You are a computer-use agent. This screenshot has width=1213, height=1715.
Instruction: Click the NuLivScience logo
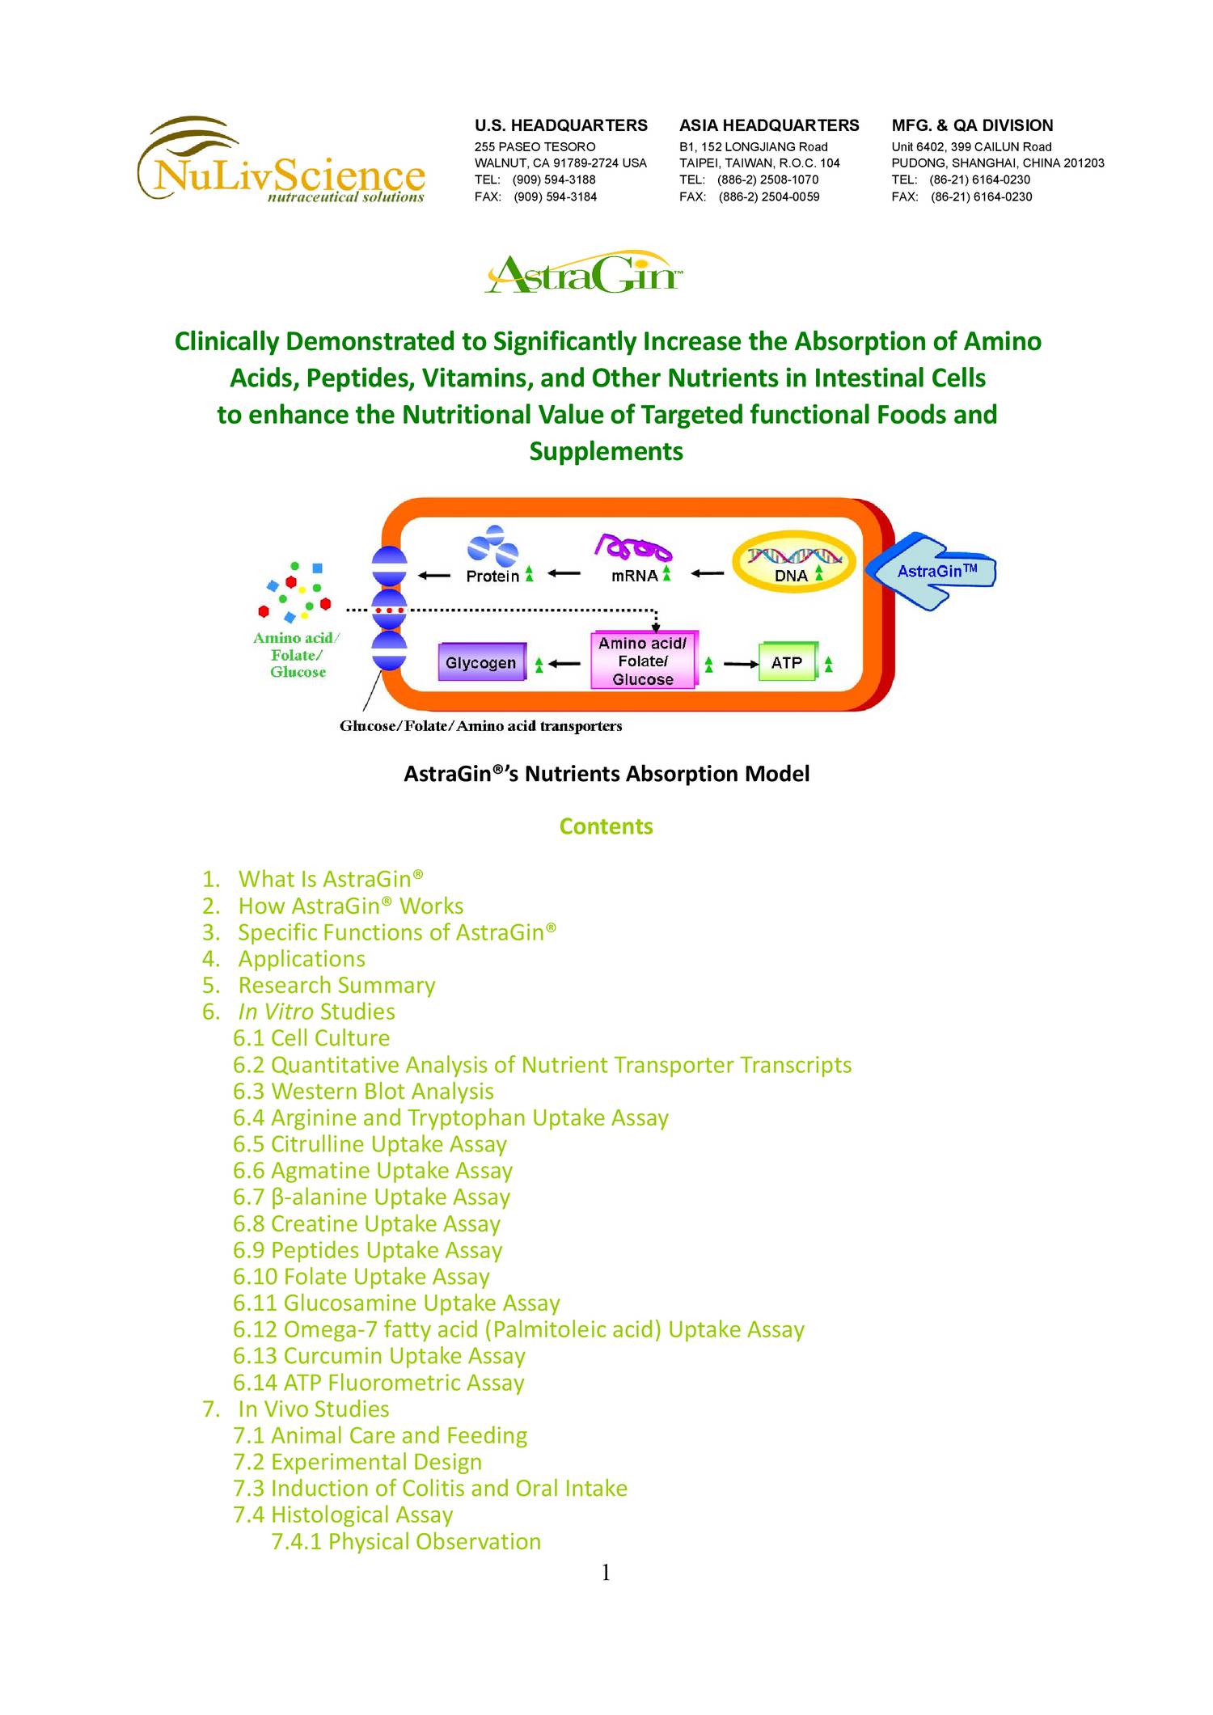pyautogui.click(x=281, y=162)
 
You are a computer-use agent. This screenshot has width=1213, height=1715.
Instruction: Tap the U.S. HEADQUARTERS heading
pyautogui.click(x=560, y=125)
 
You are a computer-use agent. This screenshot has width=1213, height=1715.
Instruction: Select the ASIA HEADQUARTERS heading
pyautogui.click(x=768, y=125)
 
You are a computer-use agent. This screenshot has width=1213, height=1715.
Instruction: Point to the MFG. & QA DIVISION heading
pyautogui.click(x=972, y=125)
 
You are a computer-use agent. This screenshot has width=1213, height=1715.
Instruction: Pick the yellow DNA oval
pyautogui.click(x=792, y=564)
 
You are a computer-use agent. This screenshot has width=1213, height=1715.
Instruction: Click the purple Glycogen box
pyautogui.click(x=481, y=662)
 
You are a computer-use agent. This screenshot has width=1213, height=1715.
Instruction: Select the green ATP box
pyautogui.click(x=787, y=662)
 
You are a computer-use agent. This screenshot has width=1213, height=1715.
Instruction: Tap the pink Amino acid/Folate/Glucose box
pyautogui.click(x=643, y=661)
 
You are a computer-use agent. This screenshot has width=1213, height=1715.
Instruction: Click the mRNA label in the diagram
pyautogui.click(x=634, y=576)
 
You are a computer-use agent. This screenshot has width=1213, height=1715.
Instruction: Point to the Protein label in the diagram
pyautogui.click(x=492, y=576)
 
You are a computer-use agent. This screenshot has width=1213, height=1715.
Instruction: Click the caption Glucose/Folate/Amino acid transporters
pyautogui.click(x=480, y=726)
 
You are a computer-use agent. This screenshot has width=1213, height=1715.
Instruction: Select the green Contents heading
pyautogui.click(x=606, y=826)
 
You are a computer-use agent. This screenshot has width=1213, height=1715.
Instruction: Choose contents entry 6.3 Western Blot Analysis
pyautogui.click(x=363, y=1091)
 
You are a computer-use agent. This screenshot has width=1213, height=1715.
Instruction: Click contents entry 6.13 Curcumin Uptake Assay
pyautogui.click(x=378, y=1355)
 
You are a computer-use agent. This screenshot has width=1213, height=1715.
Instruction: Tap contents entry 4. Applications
pyautogui.click(x=301, y=958)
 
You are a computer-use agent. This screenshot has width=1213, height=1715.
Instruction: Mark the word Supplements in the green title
pyautogui.click(x=606, y=451)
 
